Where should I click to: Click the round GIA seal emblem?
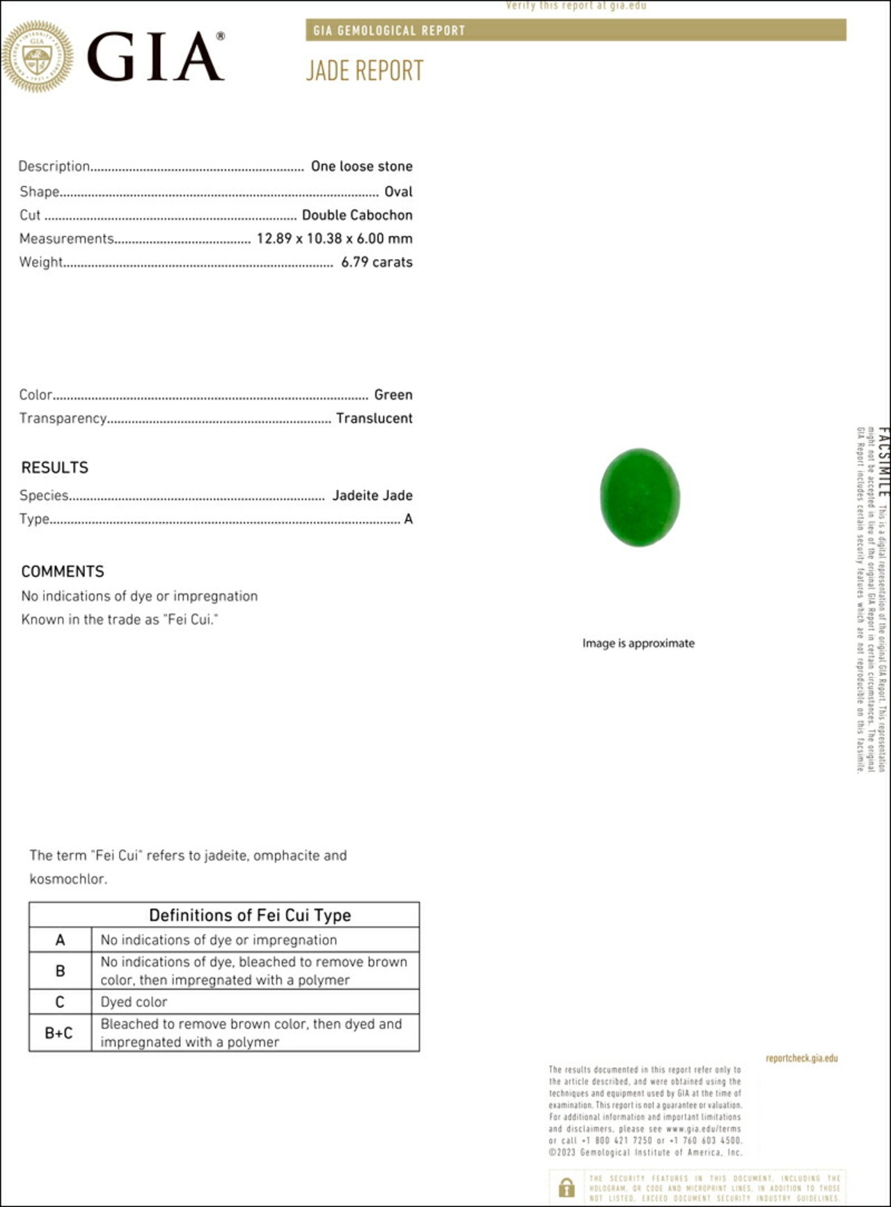[x=37, y=56]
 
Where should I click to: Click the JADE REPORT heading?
[x=365, y=71]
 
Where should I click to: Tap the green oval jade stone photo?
[x=640, y=497]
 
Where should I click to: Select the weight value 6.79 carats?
[x=377, y=262]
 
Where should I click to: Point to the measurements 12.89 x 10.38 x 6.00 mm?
[x=334, y=239]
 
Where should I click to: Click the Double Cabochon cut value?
[x=357, y=215]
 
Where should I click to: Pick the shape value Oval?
[x=398, y=191]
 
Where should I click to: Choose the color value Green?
[x=393, y=395]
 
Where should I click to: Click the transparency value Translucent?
[x=374, y=418]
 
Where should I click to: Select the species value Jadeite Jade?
[x=372, y=496]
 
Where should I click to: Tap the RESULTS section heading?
[x=55, y=468]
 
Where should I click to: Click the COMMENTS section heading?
[x=63, y=571]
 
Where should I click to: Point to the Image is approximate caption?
[x=638, y=643]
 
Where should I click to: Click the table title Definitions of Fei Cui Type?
[x=250, y=915]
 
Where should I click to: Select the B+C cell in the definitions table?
[x=59, y=1033]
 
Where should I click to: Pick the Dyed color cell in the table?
[x=134, y=1002]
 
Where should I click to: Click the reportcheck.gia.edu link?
[x=801, y=1058]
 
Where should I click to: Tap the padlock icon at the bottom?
[x=567, y=1187]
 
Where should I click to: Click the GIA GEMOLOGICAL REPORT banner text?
[x=389, y=31]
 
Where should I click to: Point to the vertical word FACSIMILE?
[x=883, y=462]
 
